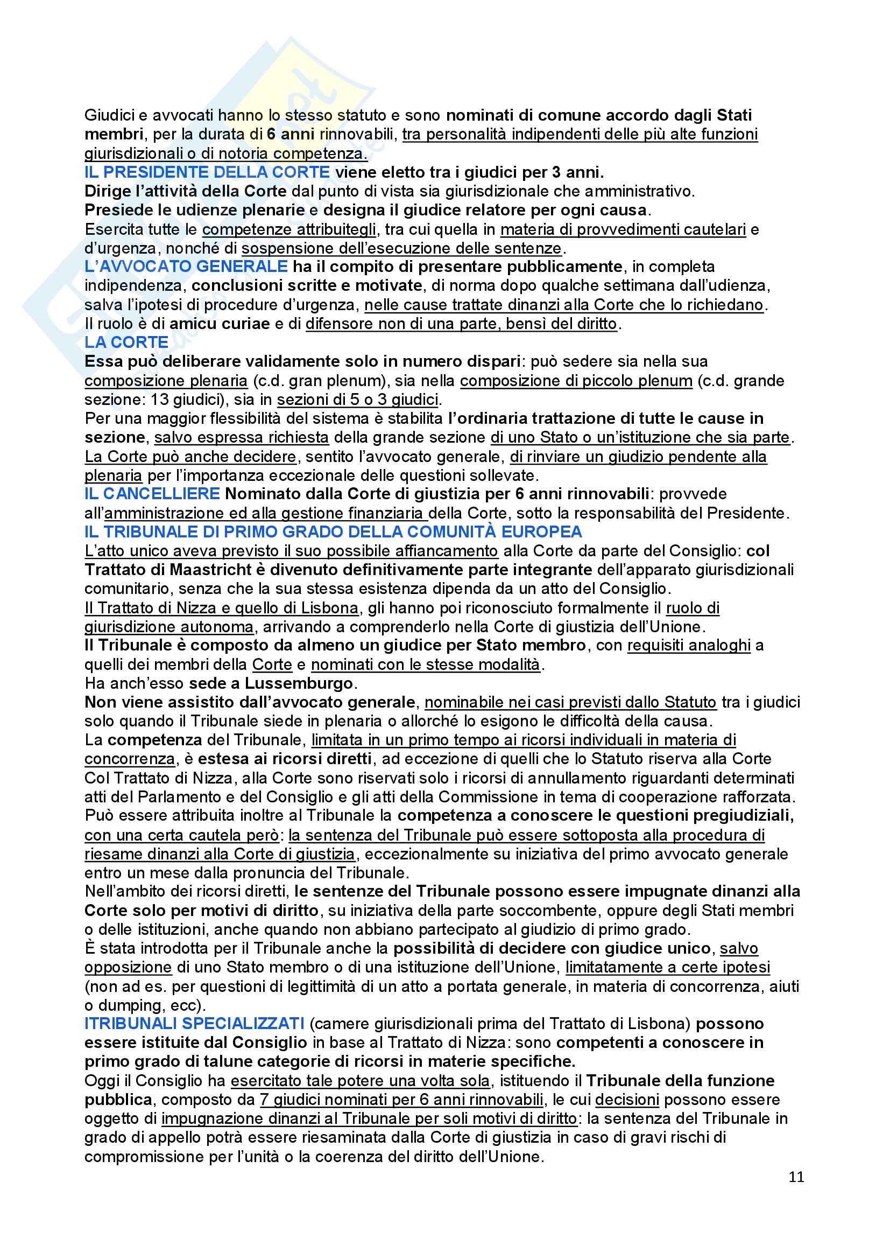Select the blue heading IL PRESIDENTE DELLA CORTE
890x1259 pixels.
click(x=207, y=172)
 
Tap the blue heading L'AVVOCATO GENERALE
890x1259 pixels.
click(x=186, y=267)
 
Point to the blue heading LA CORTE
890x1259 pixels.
click(x=126, y=342)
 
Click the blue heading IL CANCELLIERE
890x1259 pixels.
click(x=152, y=493)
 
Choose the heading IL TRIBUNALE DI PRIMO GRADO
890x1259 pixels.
click(x=333, y=531)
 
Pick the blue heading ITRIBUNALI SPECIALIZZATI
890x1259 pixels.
click(x=195, y=1023)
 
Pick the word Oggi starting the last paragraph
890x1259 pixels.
click(x=101, y=1081)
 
